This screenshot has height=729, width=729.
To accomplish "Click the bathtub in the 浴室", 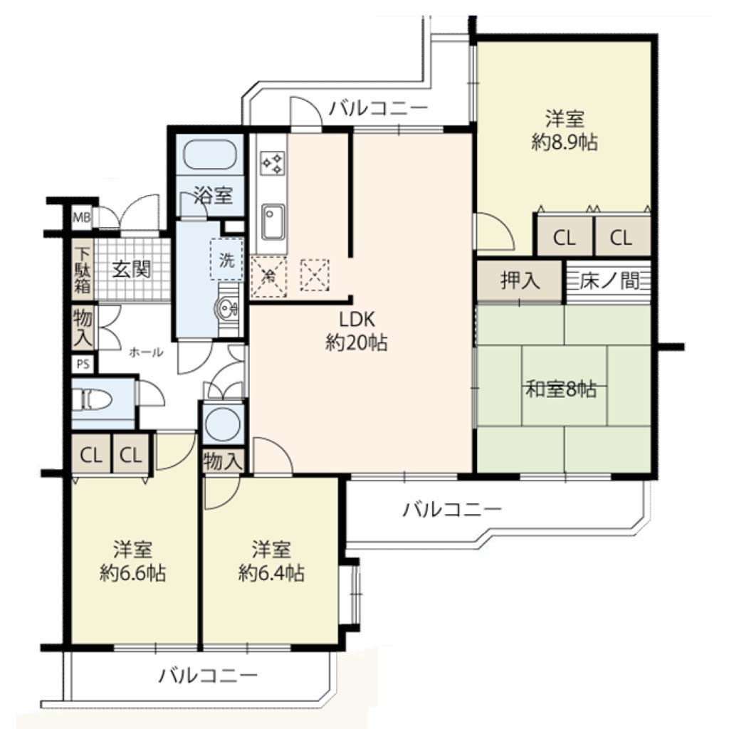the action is click(x=210, y=154).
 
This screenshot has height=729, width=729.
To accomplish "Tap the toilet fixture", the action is click(x=92, y=399).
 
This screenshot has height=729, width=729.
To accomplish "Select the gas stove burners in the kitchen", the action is click(x=273, y=163).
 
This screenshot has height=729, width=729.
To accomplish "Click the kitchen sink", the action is click(x=273, y=222).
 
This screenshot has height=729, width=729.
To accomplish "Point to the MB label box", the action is click(x=82, y=216).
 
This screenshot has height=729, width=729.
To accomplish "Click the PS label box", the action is click(x=83, y=364).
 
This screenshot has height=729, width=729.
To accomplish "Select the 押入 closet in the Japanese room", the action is click(x=520, y=280).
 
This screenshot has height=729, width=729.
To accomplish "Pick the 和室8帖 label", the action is click(x=561, y=388).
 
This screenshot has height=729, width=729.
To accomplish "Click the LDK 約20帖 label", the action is click(x=356, y=331).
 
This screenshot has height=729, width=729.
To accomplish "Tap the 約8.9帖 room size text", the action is click(x=565, y=142).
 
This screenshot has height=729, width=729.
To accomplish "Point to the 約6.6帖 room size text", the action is click(x=133, y=573).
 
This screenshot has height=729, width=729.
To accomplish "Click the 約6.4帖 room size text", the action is click(x=271, y=573).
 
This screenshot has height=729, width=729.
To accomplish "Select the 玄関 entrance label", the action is click(x=132, y=269).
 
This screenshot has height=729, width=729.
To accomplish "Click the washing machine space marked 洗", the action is click(x=226, y=259).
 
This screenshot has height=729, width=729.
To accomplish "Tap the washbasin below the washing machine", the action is click(x=227, y=308).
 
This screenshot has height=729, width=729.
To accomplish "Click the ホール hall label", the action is click(x=146, y=352).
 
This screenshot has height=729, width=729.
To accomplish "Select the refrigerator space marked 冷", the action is click(x=268, y=277).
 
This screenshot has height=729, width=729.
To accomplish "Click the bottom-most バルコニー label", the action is click(x=208, y=675).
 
